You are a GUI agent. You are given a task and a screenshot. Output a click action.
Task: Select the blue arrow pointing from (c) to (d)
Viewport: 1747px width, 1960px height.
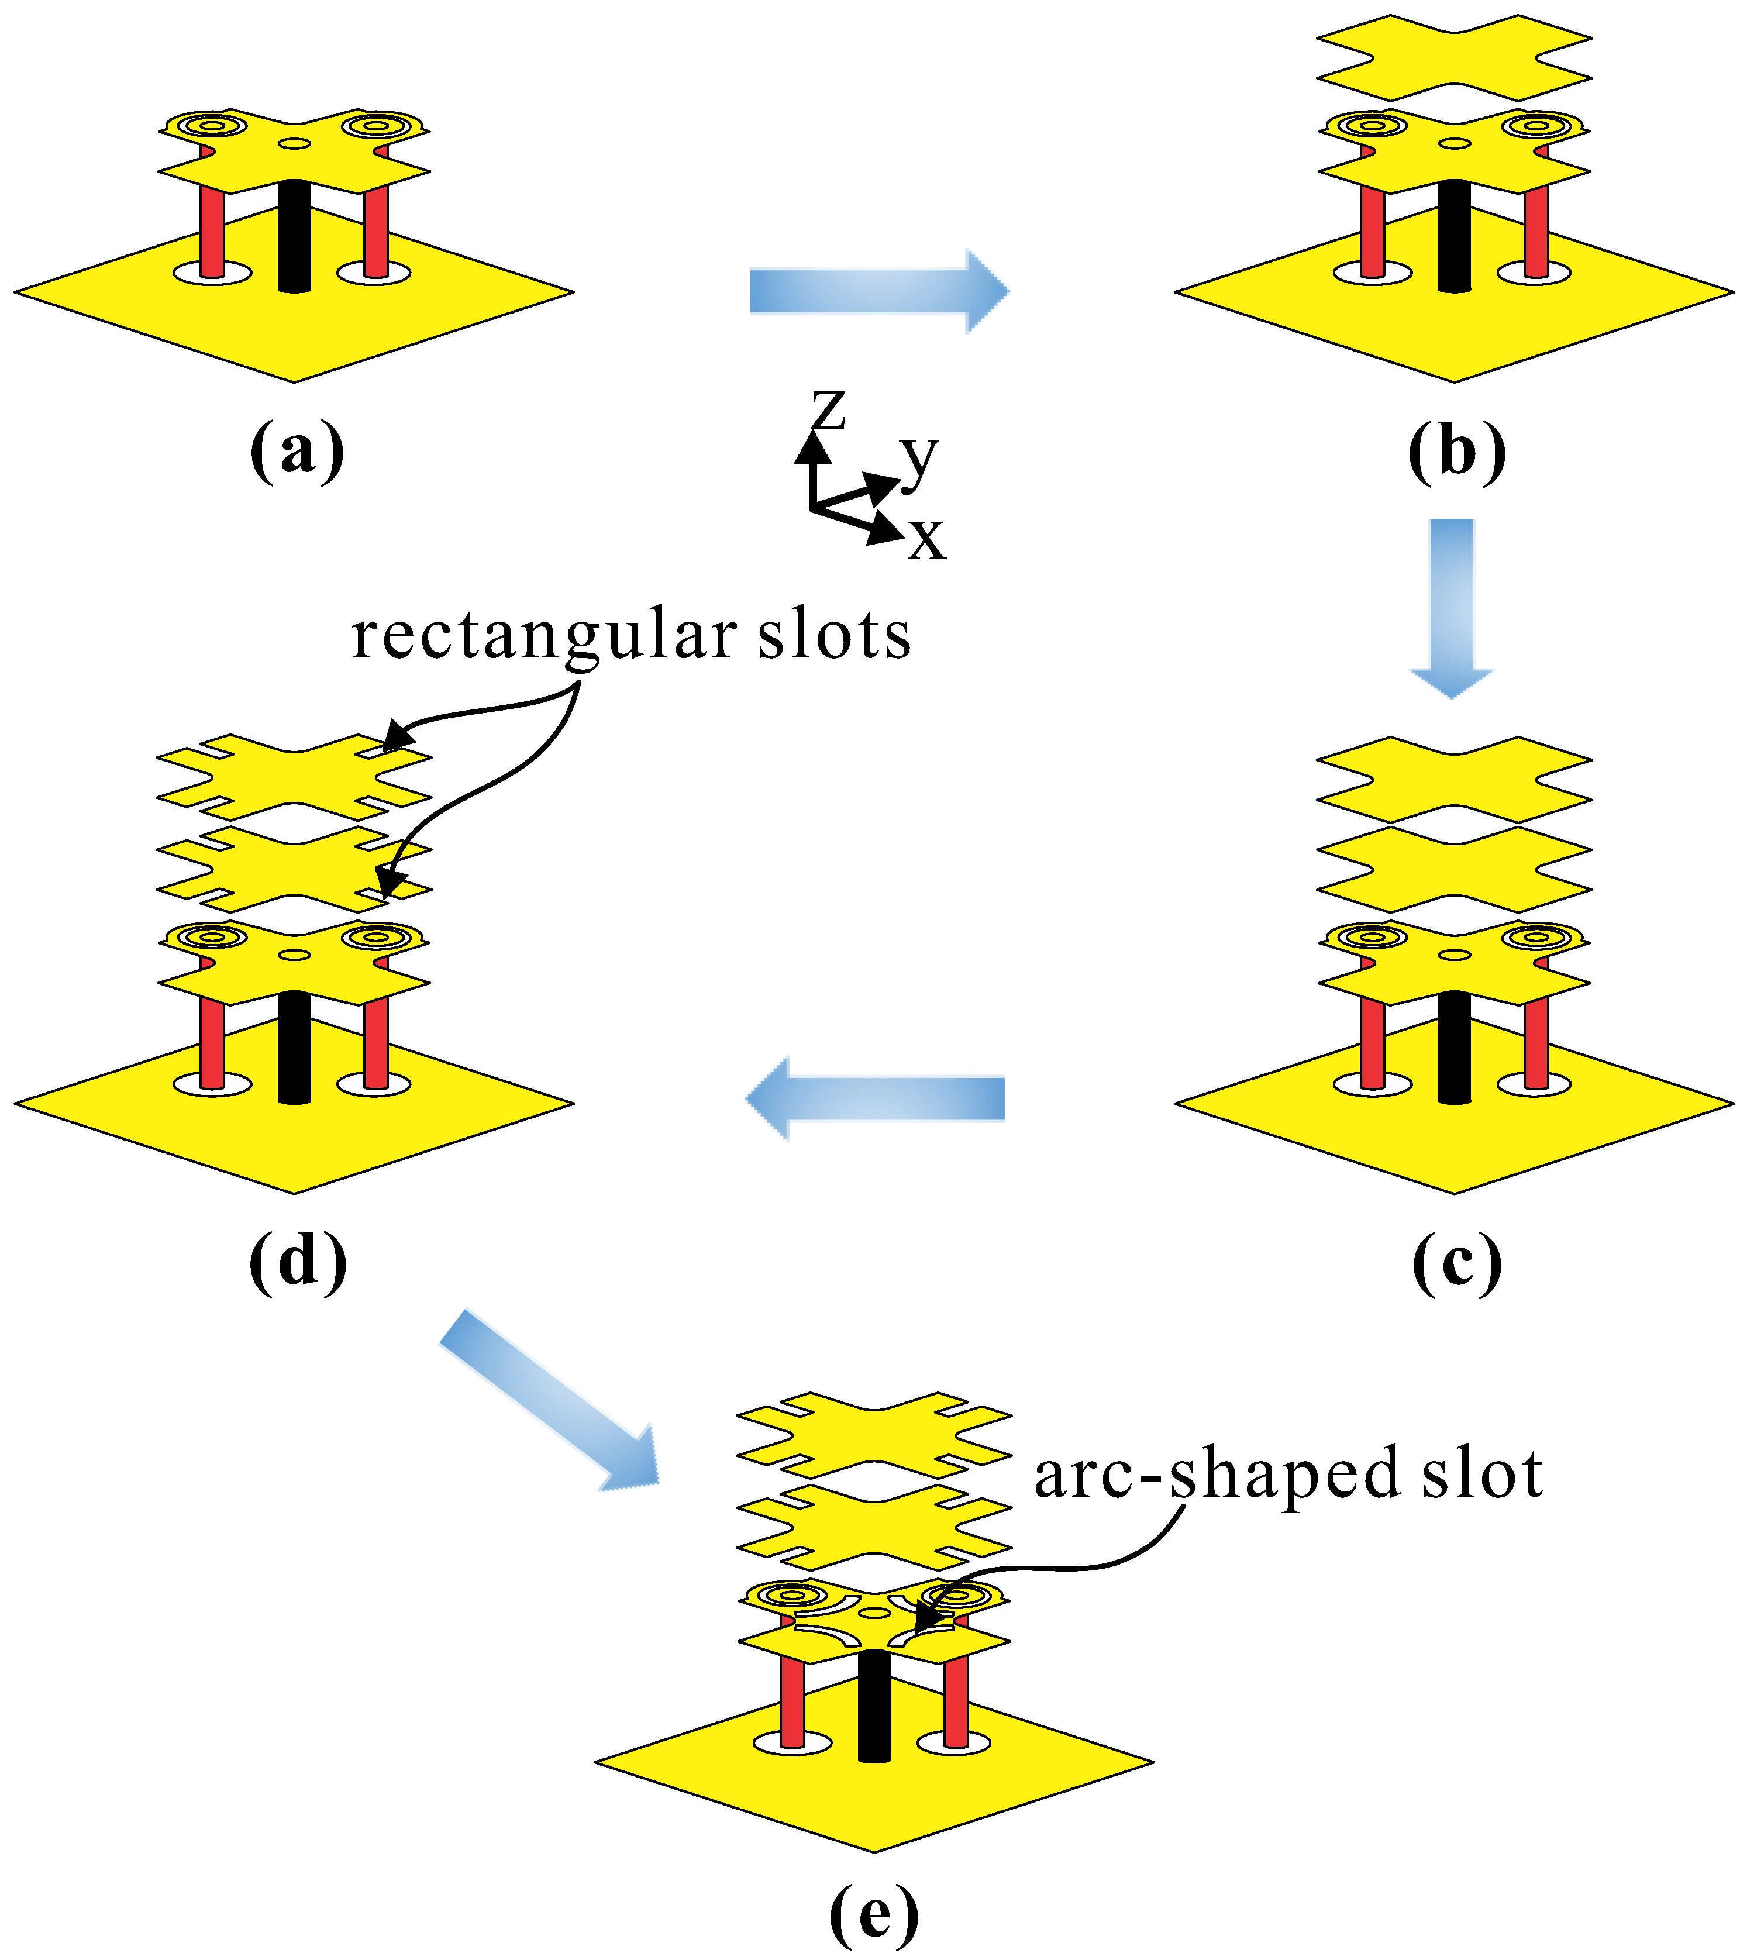point(876,1099)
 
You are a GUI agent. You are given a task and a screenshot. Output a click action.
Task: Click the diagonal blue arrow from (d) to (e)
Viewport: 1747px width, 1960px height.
point(549,1400)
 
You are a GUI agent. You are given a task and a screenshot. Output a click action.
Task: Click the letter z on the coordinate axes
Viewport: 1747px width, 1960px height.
point(828,410)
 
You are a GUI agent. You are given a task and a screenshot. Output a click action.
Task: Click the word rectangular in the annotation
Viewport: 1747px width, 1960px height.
point(545,635)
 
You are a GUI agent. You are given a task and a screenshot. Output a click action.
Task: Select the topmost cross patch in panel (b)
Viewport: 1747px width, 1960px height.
point(1454,57)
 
